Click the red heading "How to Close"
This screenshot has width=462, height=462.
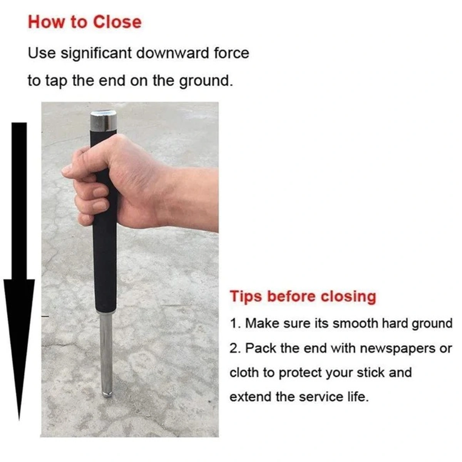[x=85, y=22]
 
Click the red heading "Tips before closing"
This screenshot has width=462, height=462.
[x=303, y=297]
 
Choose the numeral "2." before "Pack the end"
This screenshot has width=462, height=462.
[x=235, y=348]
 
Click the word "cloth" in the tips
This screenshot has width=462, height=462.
[x=244, y=373]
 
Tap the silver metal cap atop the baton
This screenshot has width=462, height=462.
[x=103, y=121]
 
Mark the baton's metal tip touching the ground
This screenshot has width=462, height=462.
[x=107, y=393]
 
